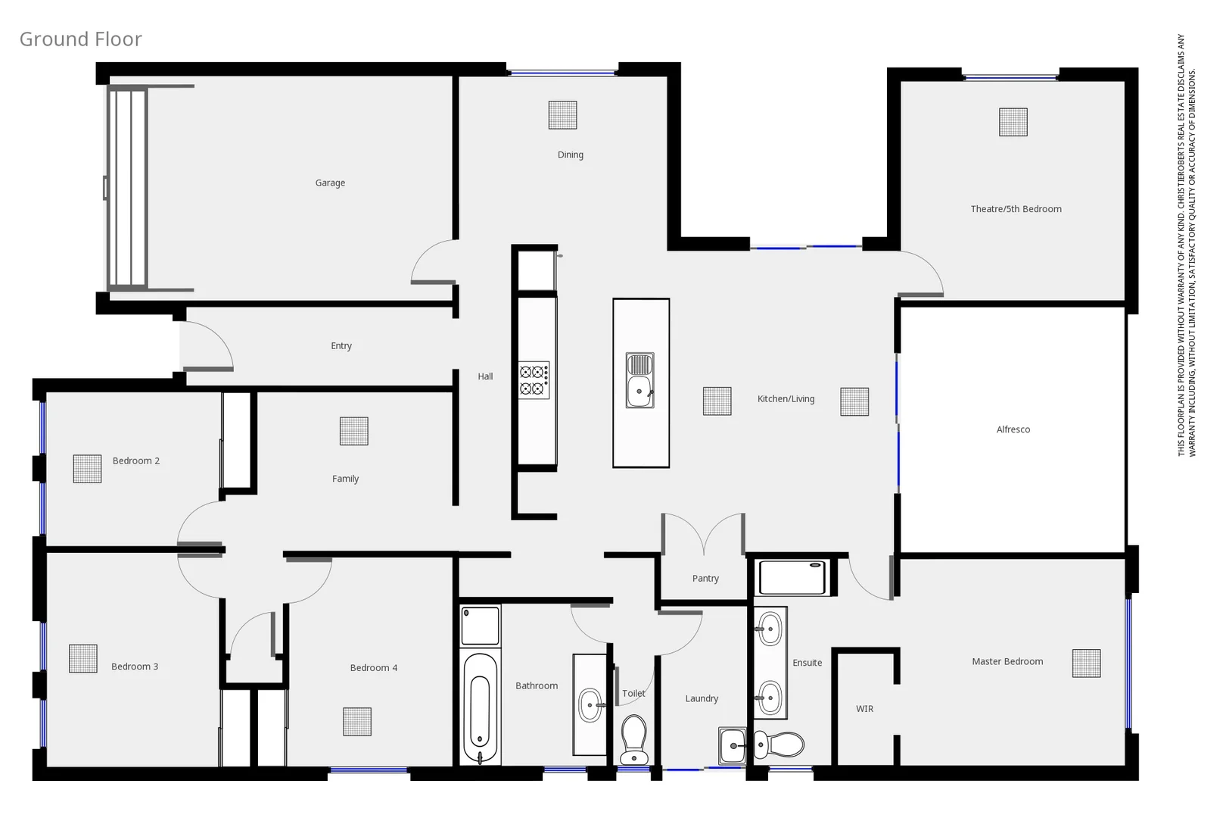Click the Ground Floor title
tap(80, 39)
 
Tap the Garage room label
tap(330, 183)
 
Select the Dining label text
tap(570, 155)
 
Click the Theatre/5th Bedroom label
tap(1016, 209)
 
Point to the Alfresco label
tap(1013, 429)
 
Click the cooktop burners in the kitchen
tap(534, 380)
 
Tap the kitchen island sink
tap(640, 380)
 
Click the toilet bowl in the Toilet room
tap(633, 738)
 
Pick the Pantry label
tap(705, 579)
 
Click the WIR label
tap(864, 709)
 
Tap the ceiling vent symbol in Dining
tap(562, 115)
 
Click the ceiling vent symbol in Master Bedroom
tap(1086, 663)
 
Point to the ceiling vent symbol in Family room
tap(353, 431)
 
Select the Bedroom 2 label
tap(136, 461)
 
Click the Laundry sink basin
tap(733, 746)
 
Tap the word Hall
tap(485, 376)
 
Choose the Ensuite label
tap(807, 663)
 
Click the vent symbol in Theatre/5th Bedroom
tap(1013, 122)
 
